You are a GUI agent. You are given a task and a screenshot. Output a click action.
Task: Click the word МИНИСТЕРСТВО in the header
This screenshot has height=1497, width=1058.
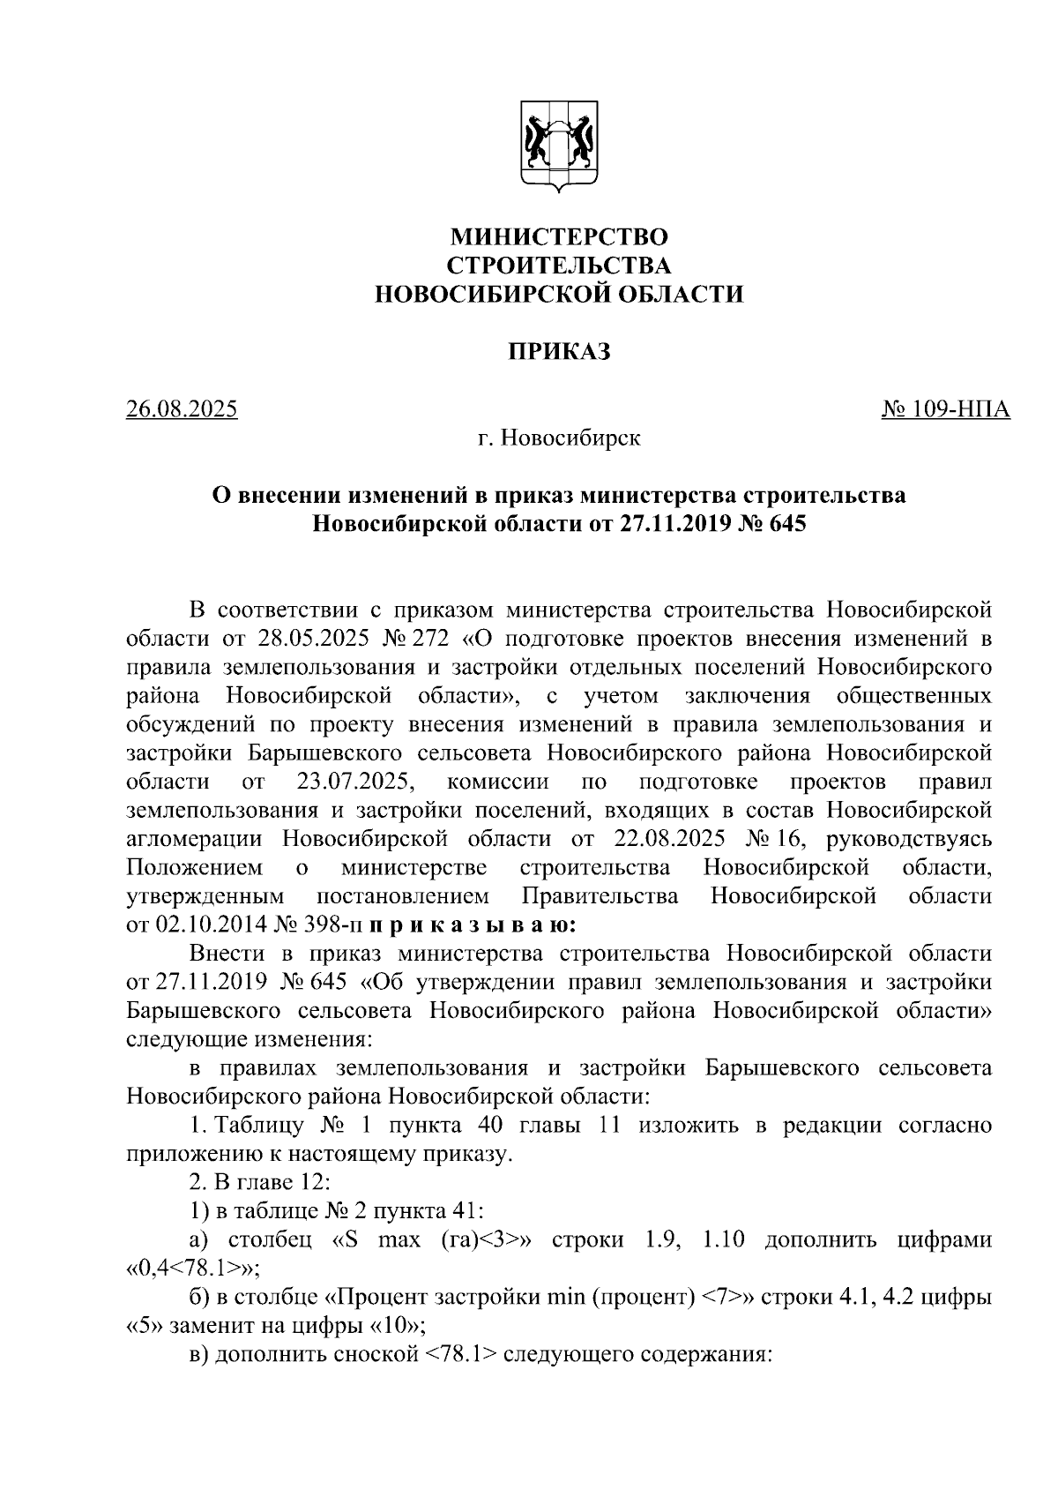pyautogui.click(x=559, y=237)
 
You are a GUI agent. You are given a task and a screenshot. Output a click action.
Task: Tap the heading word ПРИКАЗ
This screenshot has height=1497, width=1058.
pyautogui.click(x=559, y=351)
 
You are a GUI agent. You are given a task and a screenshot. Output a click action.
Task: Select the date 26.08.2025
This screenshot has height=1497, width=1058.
pyautogui.click(x=182, y=409)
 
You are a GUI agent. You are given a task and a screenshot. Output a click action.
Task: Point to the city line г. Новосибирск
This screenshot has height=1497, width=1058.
pyautogui.click(x=559, y=438)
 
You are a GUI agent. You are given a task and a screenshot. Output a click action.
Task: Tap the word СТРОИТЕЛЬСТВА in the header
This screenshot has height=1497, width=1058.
pyautogui.click(x=559, y=266)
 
